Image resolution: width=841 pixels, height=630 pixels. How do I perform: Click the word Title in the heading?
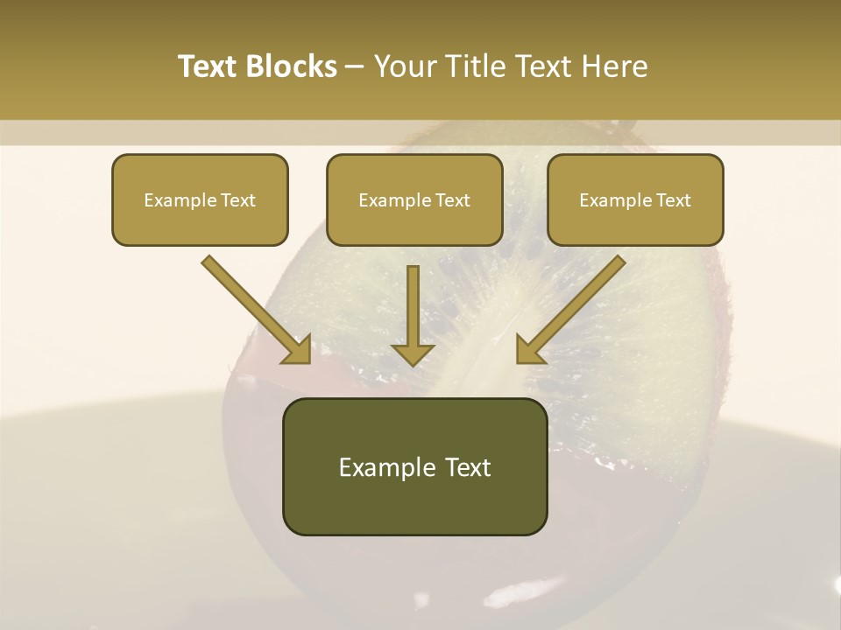[x=469, y=66]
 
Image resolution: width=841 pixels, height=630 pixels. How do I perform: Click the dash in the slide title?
[x=355, y=66]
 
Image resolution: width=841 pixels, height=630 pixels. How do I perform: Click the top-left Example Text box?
[x=200, y=199]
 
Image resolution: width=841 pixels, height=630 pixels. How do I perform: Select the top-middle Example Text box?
[x=414, y=199]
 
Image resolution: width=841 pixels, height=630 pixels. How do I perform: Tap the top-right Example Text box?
[x=635, y=199]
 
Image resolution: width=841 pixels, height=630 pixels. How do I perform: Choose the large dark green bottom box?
[x=414, y=466]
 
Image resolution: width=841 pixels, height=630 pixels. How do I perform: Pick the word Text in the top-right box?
[x=673, y=200]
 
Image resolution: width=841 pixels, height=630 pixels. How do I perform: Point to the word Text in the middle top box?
[x=452, y=200]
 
